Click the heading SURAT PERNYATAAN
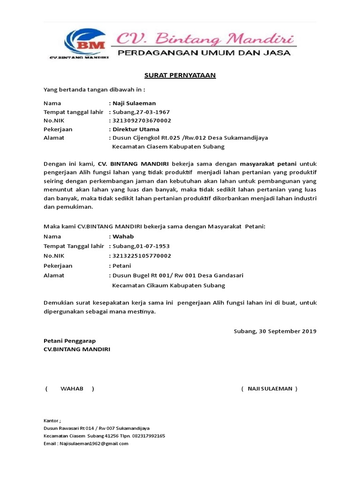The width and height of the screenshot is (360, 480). point(180,75)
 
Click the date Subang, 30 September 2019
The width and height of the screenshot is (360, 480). point(275,331)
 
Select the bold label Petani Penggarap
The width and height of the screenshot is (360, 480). point(69,341)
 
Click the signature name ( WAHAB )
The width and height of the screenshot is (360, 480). point(70,389)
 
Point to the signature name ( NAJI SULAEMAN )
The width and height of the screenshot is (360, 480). point(269,389)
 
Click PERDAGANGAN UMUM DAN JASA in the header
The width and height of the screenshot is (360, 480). point(203,53)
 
